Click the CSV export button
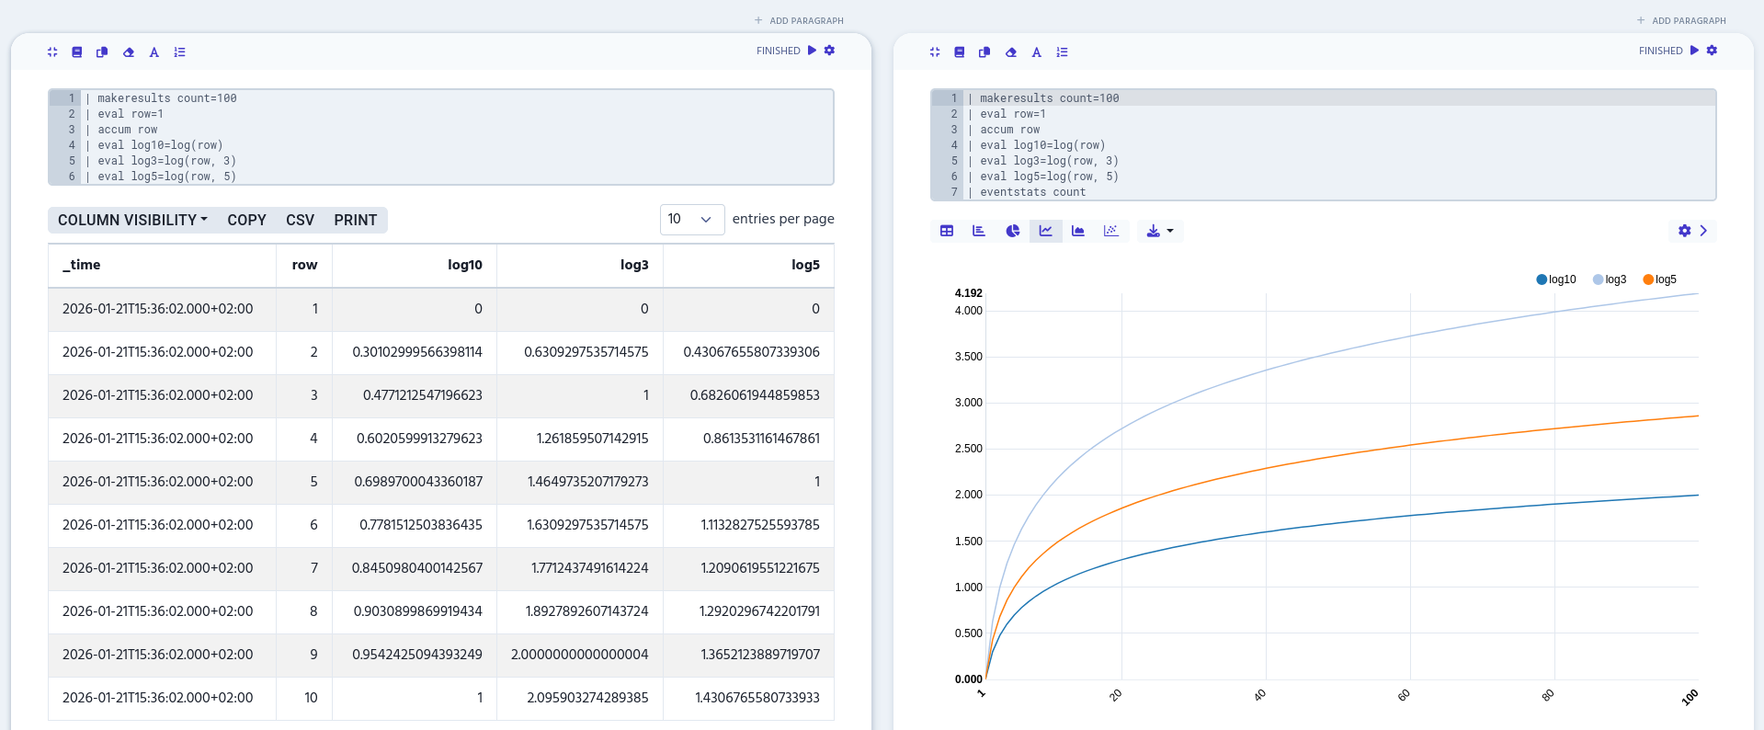[300, 221]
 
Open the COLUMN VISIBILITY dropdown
[132, 221]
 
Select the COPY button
[246, 221]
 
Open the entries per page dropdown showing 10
[691, 220]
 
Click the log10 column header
[464, 265]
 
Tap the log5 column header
[804, 265]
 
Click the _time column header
[82, 265]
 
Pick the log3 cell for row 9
[579, 655]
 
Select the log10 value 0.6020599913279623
[419, 439]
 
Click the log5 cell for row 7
[759, 568]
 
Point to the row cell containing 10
[311, 698]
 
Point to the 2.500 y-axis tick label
[968, 449]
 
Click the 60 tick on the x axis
[1404, 695]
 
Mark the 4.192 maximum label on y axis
[968, 293]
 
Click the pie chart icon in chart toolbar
[1012, 231]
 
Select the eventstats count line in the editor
[1032, 192]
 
